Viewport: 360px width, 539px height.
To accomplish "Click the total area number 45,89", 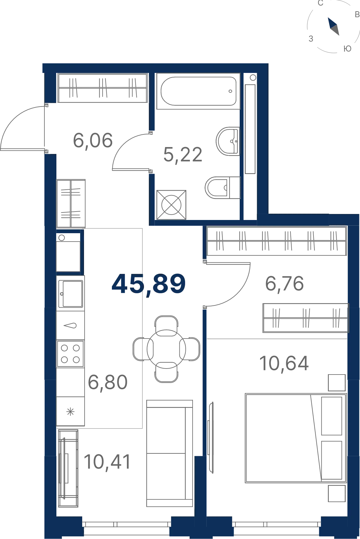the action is pos(148,284).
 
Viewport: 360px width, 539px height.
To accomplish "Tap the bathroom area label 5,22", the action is pos(183,155).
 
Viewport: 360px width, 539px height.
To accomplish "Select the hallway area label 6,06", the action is pos(93,140).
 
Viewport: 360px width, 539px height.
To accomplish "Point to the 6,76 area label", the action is pos(284,284).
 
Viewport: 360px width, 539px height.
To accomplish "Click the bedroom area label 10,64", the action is pos(284,363).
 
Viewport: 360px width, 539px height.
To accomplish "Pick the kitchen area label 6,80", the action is pos(108,382).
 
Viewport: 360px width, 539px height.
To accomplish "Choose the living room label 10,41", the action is pos(107,462).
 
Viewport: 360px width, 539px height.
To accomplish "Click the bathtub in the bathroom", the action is pos(198,91).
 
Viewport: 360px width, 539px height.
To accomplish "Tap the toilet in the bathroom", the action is pos(223,188).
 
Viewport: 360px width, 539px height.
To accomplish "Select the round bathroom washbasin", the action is pos(228,141).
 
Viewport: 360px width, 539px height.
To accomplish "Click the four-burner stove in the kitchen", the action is pos(70,354).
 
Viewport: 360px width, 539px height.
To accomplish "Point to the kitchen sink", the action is pos(70,294).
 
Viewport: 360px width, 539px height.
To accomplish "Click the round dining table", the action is pos(166,349).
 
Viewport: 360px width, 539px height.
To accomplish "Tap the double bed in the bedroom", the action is pos(296,438).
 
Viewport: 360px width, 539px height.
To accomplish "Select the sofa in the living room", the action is pos(169,453).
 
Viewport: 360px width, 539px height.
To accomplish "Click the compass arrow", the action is pos(333,26).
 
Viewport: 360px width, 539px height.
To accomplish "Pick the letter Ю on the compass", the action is pos(347,49).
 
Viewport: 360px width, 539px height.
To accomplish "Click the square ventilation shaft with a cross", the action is pos(171,205).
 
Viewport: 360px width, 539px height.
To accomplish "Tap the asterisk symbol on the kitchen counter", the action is pos(70,411).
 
